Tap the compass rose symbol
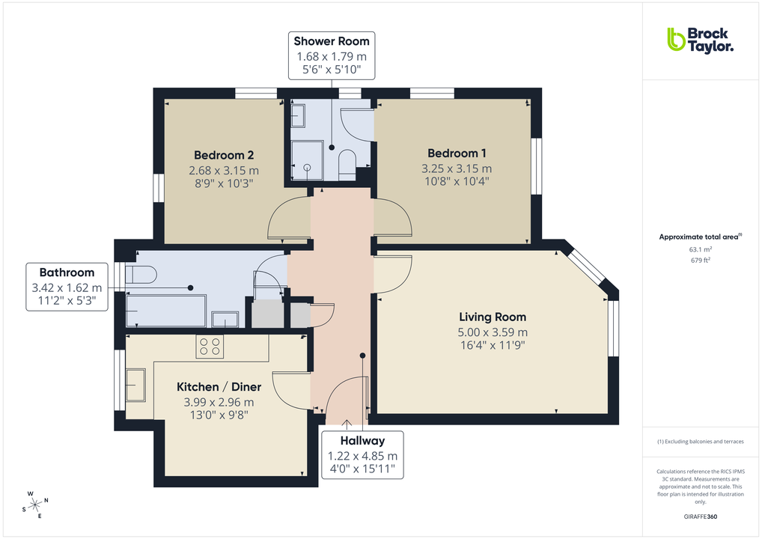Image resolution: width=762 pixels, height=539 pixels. pos(34,505)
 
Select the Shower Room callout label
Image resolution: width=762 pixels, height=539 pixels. pos(331,55)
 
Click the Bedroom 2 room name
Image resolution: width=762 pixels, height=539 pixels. pos(224,155)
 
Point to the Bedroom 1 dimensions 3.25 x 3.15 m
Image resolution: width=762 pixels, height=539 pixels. pos(457,168)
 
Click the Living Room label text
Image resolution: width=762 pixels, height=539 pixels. pos(493,317)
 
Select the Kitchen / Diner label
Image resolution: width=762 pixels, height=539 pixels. pos(219,387)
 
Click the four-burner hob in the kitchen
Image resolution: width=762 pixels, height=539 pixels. pos(209,346)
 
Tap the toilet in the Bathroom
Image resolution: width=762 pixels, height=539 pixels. pos(141,275)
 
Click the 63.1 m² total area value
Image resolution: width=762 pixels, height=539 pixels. pos(700,249)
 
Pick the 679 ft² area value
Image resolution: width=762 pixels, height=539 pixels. pos(700,261)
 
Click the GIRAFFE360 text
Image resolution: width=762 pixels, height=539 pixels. pos(700,517)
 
